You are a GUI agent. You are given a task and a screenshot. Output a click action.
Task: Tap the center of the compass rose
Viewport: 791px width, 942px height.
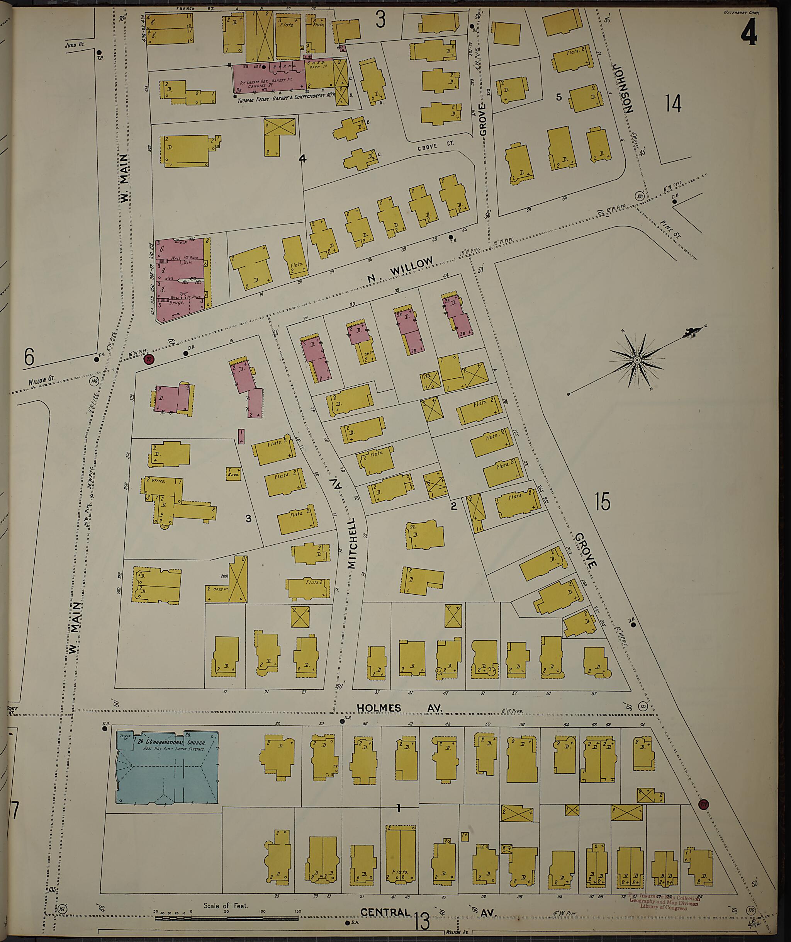point(637,360)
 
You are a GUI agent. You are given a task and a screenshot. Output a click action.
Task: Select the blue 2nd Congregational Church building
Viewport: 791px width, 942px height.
point(167,767)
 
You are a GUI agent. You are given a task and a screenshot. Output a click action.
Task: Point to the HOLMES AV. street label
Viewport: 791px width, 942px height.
point(399,708)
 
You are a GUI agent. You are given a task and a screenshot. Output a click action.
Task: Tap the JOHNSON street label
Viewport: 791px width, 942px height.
point(624,88)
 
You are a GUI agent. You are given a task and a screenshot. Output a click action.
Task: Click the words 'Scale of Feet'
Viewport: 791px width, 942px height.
point(225,905)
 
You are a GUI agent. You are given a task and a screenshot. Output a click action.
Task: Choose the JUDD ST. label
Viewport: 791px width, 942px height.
point(75,45)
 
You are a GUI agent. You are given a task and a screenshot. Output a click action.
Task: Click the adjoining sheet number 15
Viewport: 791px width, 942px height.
point(603,502)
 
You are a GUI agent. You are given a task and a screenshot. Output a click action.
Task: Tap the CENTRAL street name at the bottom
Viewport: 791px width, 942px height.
point(385,912)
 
